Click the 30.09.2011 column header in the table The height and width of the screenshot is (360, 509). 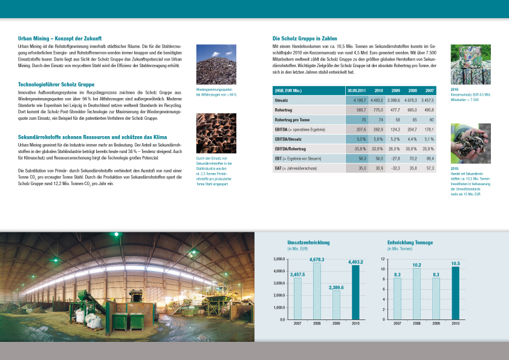(355, 90)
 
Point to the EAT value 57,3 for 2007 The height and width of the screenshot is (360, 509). (429, 168)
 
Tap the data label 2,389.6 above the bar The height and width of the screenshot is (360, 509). (336, 287)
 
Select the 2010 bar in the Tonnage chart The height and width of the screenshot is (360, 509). (455, 293)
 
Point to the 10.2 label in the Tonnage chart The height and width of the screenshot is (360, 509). (417, 265)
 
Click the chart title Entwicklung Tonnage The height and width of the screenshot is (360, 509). (410, 243)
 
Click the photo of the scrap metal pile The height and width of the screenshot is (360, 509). (216, 65)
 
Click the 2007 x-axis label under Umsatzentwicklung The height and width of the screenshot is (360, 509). (297, 324)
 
